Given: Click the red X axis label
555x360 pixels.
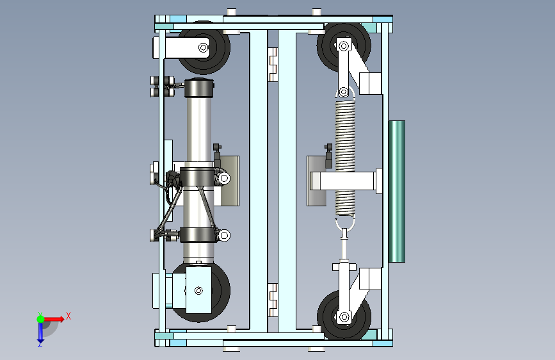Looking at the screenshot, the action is point(68,316).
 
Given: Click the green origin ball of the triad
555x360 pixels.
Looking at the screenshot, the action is point(41,319).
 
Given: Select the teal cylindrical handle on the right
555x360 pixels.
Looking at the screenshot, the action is point(397,192).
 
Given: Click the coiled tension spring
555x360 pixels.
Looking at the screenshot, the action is point(345,158).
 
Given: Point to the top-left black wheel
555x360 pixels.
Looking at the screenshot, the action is point(204,48).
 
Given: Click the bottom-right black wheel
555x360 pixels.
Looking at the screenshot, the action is point(344,316).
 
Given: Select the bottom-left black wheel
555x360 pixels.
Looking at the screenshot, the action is point(202,292).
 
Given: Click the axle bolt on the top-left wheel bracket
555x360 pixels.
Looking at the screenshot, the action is point(203,47).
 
